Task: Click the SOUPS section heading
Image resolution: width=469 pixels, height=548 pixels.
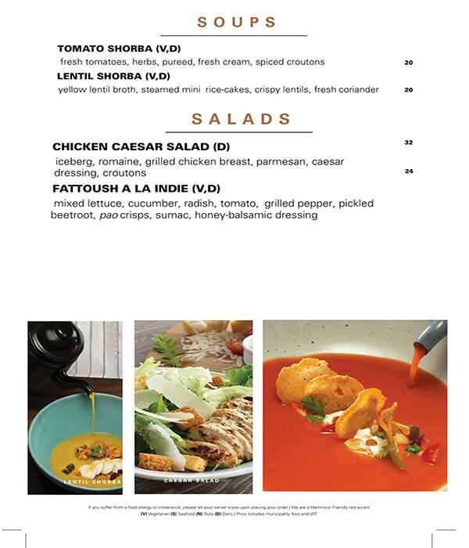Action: tap(237, 23)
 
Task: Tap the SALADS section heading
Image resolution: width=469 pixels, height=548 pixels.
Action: tap(241, 119)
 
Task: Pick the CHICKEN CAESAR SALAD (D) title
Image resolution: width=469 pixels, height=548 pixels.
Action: tap(141, 146)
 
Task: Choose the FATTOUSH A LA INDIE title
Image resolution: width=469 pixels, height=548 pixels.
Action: tap(136, 189)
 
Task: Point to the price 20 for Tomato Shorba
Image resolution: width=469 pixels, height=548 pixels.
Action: tap(408, 63)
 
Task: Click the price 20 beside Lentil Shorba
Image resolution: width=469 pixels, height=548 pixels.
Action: tap(408, 90)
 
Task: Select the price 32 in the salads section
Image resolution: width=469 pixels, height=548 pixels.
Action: tap(408, 142)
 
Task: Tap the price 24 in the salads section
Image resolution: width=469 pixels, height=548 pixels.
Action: tap(408, 171)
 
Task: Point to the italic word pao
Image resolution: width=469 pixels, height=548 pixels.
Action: tap(109, 215)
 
